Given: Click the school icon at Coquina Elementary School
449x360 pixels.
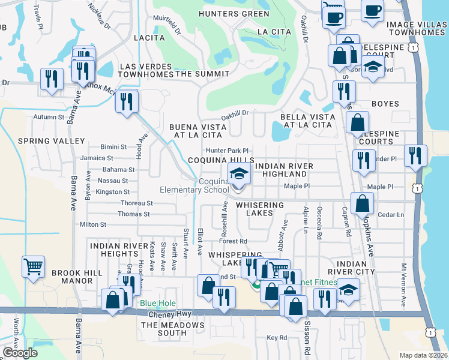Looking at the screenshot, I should (x=239, y=175).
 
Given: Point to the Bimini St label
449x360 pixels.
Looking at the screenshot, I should (x=113, y=146).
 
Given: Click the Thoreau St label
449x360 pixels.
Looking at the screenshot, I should (x=137, y=203).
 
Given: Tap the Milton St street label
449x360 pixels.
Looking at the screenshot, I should (x=92, y=224).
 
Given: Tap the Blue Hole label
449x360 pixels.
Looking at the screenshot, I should (x=158, y=304).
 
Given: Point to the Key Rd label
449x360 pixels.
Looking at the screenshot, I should (x=277, y=338).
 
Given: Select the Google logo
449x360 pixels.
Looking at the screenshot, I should (x=20, y=353).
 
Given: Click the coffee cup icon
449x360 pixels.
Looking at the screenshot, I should (x=372, y=10).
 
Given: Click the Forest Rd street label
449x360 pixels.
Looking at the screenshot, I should (x=234, y=241).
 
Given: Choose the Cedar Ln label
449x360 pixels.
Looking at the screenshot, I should (x=392, y=214).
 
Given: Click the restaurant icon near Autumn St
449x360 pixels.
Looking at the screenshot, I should (x=126, y=101).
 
